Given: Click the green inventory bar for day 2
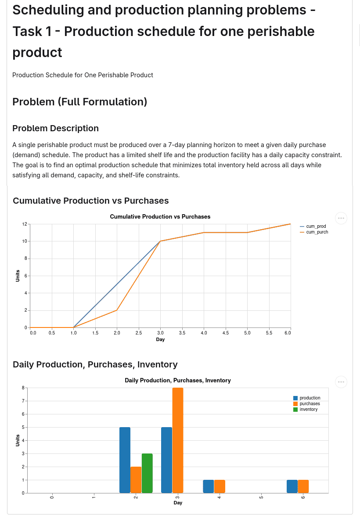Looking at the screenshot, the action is click(x=147, y=473).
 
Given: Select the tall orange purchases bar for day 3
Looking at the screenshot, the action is click(x=178, y=440).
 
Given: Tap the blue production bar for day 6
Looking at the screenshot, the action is click(x=292, y=486).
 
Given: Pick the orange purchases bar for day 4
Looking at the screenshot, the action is click(x=220, y=486).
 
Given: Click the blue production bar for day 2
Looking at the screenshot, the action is click(x=125, y=460).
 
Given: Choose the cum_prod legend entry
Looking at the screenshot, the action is click(x=313, y=226).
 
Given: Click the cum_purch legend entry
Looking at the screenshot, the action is click(x=314, y=232).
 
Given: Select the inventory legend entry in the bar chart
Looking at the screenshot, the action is click(x=306, y=409).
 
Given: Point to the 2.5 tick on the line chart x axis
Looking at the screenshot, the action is click(x=139, y=333).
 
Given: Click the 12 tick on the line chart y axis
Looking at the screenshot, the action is click(x=25, y=224).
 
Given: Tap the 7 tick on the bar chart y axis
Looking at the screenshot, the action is click(x=23, y=401).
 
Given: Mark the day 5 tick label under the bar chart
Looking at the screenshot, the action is click(x=261, y=497).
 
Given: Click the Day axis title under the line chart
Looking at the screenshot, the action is click(x=160, y=339).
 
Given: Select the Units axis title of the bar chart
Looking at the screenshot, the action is click(x=18, y=440).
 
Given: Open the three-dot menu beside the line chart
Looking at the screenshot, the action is click(x=341, y=218).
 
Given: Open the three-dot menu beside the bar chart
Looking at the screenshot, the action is click(x=341, y=382).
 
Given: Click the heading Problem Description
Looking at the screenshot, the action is click(x=55, y=128).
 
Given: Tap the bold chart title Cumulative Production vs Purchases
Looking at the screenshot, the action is click(x=160, y=217).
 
